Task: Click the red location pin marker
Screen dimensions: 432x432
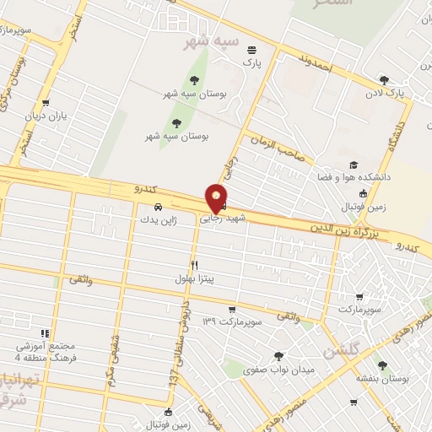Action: tap(216, 199)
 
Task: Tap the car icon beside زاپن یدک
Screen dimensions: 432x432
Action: tap(158, 206)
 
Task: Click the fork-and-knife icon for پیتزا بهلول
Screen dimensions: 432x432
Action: tap(195, 265)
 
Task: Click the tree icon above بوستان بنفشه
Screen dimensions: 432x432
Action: tap(382, 366)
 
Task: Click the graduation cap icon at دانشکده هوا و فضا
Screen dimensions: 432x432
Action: tap(354, 165)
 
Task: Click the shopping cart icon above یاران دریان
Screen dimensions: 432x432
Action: tap(57, 103)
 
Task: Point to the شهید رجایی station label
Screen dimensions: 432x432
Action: tap(223, 217)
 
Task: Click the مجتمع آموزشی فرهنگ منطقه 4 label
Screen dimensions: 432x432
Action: tap(46, 352)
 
